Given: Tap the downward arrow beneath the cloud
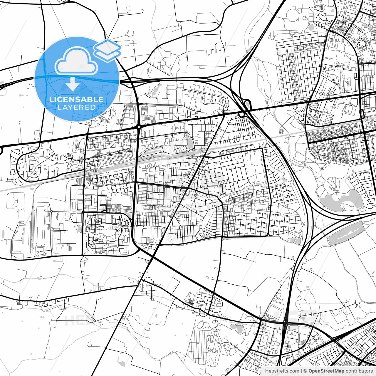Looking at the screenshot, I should tap(72, 84).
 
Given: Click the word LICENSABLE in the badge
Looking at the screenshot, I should tap(76, 99).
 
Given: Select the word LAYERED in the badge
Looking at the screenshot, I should tap(76, 107).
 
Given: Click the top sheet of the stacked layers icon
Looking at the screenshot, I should tap(108, 46).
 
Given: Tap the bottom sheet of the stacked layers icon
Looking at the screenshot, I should tap(108, 54).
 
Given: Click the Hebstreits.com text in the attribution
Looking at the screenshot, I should tap(282, 371).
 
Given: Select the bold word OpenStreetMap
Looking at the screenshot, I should tap(326, 371).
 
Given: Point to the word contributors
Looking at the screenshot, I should tap(359, 371).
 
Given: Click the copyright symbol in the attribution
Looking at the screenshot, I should tap(305, 371).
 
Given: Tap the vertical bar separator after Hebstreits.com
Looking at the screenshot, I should tap(302, 371).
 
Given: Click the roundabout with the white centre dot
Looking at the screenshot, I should tap(138, 127).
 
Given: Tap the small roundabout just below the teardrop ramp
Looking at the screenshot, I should tap(242, 114).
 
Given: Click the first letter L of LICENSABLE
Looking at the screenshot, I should tap(51, 99).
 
